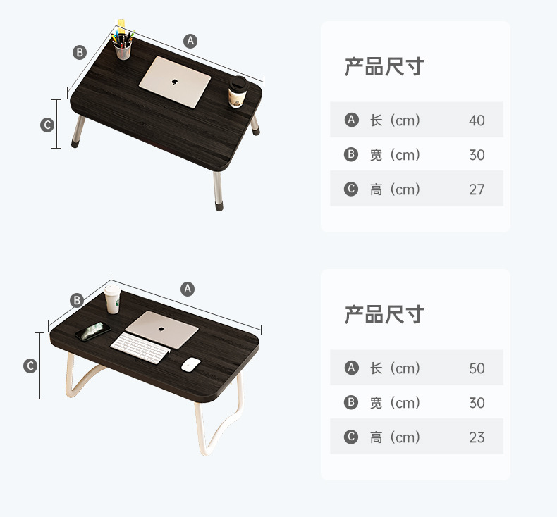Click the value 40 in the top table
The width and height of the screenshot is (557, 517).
coord(477,120)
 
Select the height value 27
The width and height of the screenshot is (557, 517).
coord(477,189)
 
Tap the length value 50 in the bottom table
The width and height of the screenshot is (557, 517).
coord(477,368)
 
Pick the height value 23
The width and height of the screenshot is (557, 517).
coord(477,437)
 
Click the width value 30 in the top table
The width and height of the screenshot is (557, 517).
coord(477,155)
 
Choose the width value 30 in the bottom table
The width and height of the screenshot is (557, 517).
coord(477,403)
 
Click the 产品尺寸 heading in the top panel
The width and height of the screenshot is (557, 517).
coord(384,67)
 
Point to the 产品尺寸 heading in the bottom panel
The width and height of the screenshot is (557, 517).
coord(384,314)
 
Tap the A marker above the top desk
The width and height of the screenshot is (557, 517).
coord(190,41)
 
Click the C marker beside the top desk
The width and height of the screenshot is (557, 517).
coord(47,125)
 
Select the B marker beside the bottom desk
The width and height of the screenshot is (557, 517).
coord(77,301)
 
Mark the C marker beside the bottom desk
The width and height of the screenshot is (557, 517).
coord(30,366)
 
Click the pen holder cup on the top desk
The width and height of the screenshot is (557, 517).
coord(123,47)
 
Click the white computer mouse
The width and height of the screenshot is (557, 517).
coord(190,364)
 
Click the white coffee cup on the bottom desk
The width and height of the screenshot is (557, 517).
coord(113,300)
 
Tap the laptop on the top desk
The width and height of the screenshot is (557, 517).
coord(175,81)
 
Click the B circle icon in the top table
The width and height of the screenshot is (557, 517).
coord(351,155)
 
